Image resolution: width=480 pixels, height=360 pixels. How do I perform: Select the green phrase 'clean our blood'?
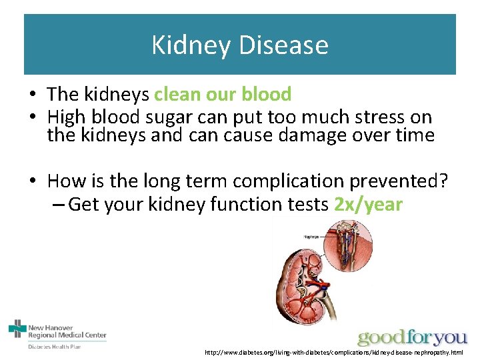223,94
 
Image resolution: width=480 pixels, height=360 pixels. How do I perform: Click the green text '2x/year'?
368,204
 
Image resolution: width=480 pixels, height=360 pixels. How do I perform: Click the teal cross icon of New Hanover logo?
17,329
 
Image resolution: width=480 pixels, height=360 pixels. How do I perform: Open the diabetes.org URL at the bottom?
333,352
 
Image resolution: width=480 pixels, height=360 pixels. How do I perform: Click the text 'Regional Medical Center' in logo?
67,335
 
